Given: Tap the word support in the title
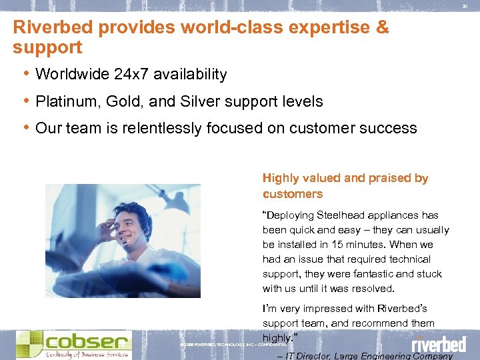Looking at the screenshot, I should pyautogui.click(x=47, y=48).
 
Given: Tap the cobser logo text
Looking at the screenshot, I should pyautogui.click(x=87, y=342).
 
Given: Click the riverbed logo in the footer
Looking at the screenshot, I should pyautogui.click(x=438, y=344).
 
